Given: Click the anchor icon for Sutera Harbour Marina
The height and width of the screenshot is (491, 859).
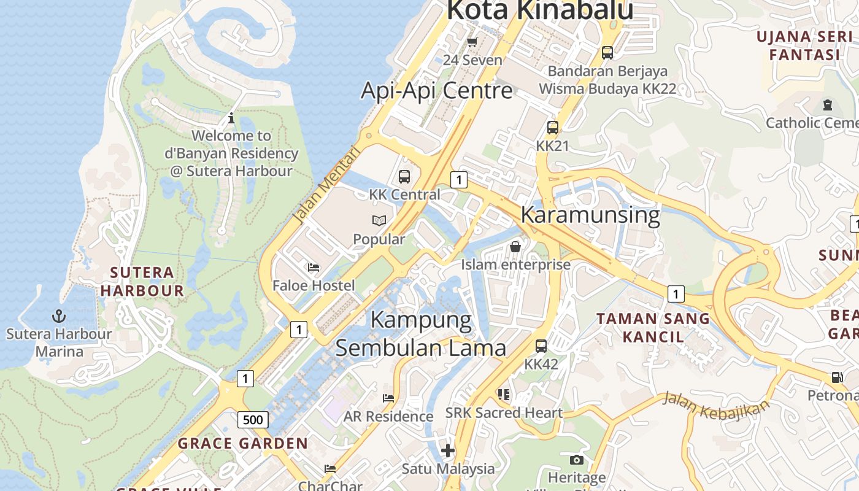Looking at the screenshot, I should (x=58, y=316).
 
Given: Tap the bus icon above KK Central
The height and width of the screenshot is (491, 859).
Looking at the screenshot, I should (x=404, y=177).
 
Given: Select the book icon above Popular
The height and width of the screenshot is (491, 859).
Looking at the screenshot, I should (x=379, y=221).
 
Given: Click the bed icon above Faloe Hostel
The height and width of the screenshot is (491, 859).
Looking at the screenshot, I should (x=314, y=268).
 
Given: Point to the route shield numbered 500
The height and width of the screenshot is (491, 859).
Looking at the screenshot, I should (x=252, y=420).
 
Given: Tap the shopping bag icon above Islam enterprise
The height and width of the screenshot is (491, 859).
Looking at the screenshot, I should (x=515, y=247).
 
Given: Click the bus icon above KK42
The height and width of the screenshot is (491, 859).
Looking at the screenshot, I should (x=541, y=346).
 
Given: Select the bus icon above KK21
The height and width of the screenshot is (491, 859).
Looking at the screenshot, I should (x=553, y=128).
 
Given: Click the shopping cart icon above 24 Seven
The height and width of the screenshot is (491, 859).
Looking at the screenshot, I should (x=472, y=42).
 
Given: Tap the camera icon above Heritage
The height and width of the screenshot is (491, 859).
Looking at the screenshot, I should (x=576, y=460).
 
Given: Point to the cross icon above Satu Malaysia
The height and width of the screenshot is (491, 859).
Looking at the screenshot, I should (x=448, y=450).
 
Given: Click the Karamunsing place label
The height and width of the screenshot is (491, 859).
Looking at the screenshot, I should (x=590, y=215).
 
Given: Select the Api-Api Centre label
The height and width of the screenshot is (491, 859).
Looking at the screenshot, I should (x=436, y=90).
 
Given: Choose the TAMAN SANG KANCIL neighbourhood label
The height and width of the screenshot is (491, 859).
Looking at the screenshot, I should (x=653, y=328).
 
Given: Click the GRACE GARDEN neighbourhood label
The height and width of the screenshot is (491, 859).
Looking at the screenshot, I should (x=243, y=443).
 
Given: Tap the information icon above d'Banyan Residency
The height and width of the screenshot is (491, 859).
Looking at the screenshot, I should (x=231, y=118).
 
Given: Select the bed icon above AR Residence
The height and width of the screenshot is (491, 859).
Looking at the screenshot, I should (x=388, y=398).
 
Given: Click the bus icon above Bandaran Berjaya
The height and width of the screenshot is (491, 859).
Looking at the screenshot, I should (x=607, y=53).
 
